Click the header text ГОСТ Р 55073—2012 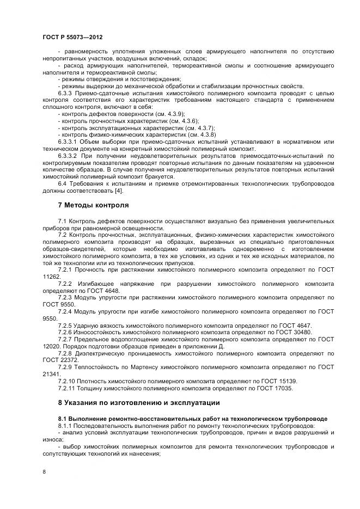(x=72, y=36)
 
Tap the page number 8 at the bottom (x=44, y=473)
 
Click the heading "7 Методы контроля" (x=93, y=205)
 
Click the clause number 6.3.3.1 (x=68, y=141)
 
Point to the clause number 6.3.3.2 (x=68, y=155)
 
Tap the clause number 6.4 (x=62, y=183)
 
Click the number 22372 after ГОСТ (x=69, y=359)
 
